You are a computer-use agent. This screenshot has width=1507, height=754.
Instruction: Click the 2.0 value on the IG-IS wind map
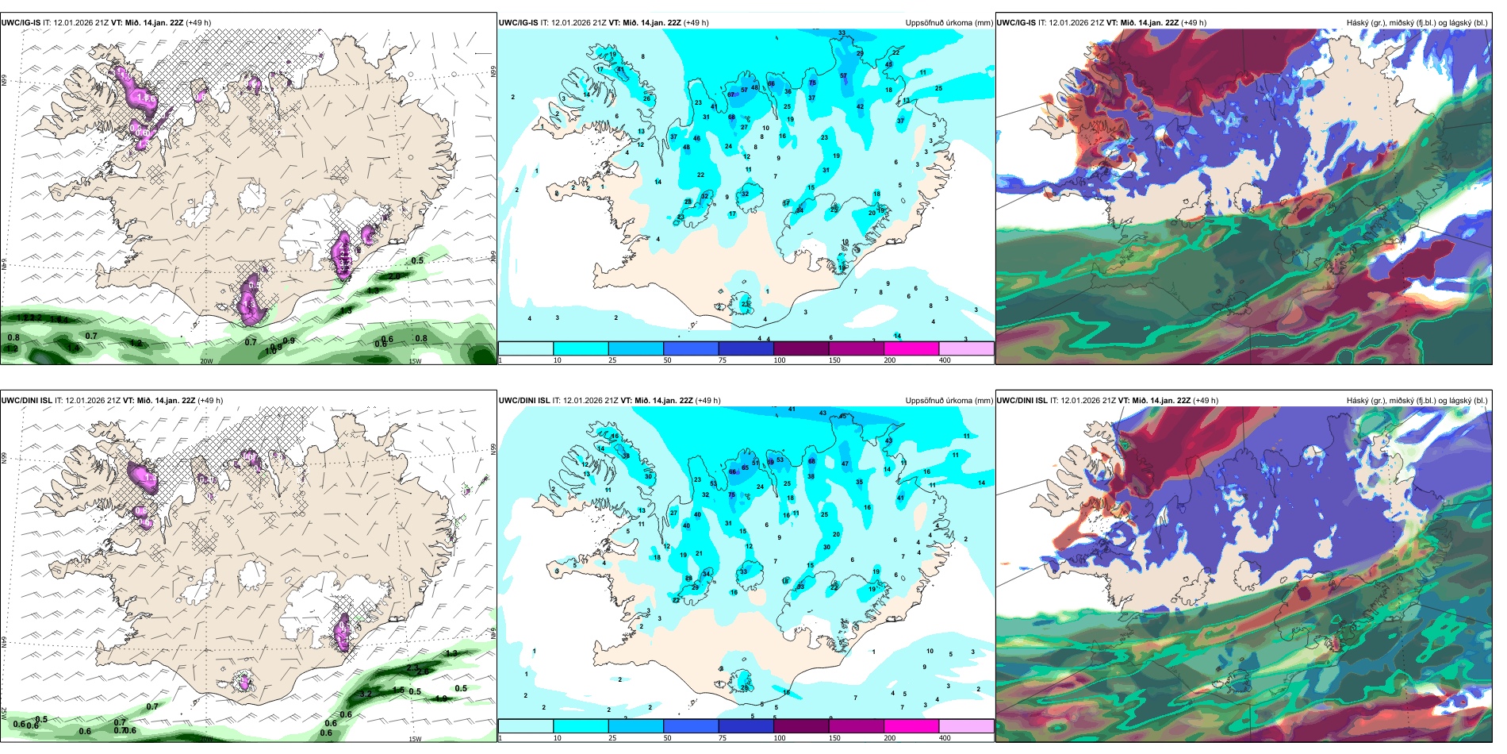[394, 275]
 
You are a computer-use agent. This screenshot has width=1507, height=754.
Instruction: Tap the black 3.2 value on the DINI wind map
[366, 693]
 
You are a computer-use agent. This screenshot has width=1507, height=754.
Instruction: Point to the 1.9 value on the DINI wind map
[442, 698]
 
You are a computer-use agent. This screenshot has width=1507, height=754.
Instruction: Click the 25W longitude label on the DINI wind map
[4, 715]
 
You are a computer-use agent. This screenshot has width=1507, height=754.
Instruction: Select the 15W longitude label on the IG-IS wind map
[414, 361]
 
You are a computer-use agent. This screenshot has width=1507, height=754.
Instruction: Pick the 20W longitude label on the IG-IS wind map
[206, 361]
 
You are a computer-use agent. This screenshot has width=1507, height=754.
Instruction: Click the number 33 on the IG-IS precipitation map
[842, 33]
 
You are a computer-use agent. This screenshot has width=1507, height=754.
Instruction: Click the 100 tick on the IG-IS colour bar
[780, 360]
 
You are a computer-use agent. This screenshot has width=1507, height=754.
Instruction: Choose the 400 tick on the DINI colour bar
[945, 738]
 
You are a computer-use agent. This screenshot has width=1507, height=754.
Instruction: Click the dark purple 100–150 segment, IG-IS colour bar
[800, 348]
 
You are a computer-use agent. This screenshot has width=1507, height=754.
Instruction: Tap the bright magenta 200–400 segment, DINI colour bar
[911, 726]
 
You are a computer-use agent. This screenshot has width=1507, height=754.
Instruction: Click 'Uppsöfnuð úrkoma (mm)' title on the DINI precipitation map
[949, 401]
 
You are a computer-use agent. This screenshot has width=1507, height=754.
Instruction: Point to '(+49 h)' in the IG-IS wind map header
[198, 23]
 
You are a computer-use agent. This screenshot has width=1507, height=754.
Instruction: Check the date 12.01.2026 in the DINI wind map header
[85, 401]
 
